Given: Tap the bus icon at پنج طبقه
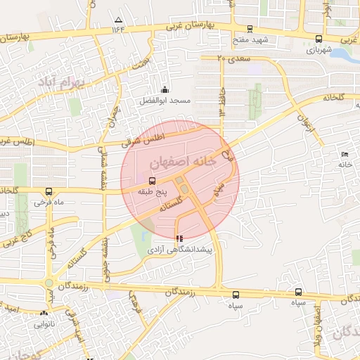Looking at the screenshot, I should pos(153,181).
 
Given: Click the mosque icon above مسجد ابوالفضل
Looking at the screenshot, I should pos(165,89).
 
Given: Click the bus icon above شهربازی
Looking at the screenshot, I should pos(319,39).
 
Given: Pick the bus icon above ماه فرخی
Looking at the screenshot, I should pos(49,191).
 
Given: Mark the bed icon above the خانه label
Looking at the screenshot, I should pos(344,154).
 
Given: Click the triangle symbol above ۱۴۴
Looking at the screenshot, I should pos(118,20).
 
